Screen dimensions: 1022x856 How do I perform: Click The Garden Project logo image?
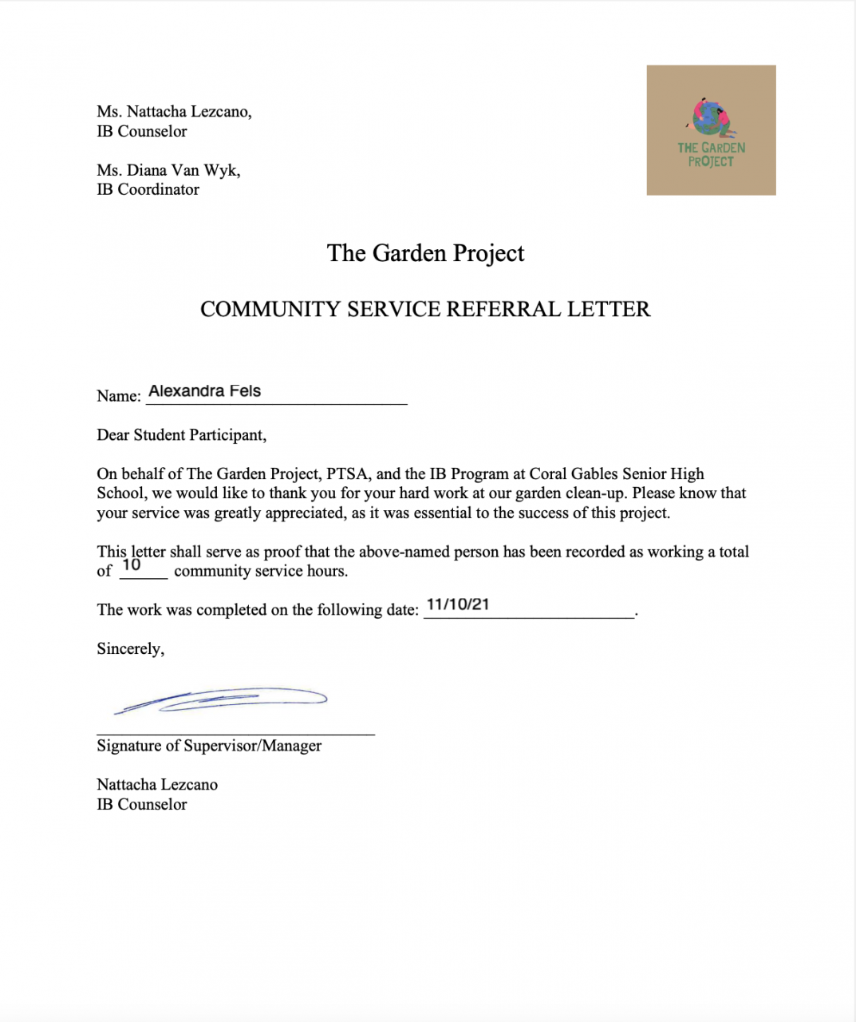tap(711, 130)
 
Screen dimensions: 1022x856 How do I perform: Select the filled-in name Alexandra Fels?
tap(204, 391)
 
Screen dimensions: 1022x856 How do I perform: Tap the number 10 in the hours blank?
tap(132, 565)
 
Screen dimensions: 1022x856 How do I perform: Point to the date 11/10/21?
tap(458, 604)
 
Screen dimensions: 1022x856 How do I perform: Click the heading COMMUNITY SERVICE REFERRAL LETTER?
tap(425, 310)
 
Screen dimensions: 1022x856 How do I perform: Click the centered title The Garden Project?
tap(425, 253)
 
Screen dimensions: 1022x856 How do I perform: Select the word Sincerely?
tap(130, 649)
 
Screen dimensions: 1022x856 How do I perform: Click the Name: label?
tap(118, 396)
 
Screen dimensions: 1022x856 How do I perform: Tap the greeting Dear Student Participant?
tap(181, 435)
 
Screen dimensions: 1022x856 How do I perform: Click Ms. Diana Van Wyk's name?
tap(168, 170)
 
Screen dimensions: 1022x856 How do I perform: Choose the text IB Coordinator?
tap(148, 190)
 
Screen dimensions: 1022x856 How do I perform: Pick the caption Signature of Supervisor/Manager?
tap(209, 746)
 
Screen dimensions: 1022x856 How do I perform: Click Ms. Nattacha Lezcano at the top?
tap(174, 112)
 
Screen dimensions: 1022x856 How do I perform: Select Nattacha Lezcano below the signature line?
tap(157, 785)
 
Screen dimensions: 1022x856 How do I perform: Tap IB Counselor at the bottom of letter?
tap(141, 805)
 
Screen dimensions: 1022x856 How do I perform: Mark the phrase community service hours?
tap(261, 572)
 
